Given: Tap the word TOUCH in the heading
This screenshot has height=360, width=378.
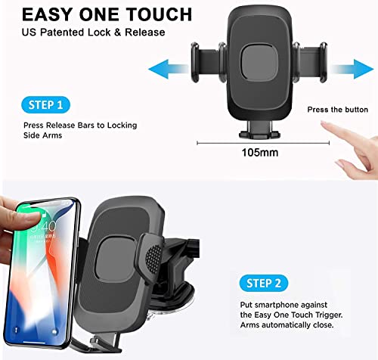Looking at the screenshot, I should [159, 15].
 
